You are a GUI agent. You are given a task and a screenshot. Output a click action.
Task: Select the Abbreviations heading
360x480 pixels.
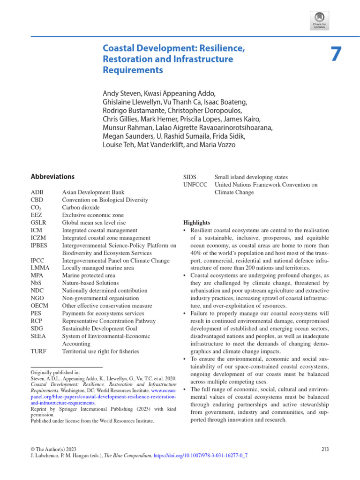coord(52,177)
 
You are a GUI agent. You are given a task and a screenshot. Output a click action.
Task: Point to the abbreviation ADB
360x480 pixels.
coord(37,192)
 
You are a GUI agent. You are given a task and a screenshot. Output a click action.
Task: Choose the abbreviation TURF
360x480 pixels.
coord(38,351)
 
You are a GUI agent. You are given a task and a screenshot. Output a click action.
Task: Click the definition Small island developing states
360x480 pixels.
coord(251,177)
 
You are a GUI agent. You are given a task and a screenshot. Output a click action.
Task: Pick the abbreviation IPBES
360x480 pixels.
coord(39,245)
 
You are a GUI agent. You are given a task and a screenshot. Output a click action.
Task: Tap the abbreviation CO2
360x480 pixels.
coord(37,208)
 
